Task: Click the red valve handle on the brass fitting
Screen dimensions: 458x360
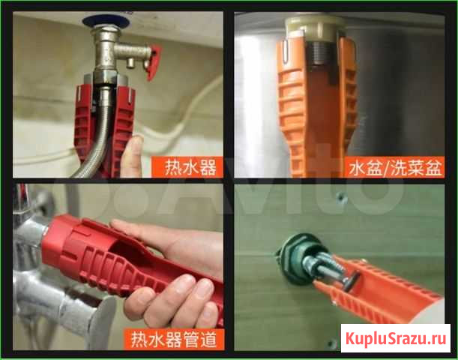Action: tap(153, 62)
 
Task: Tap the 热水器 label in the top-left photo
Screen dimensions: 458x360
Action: tap(190, 167)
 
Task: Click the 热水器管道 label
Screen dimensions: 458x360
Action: tap(174, 339)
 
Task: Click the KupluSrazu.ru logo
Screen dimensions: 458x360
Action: tap(396, 338)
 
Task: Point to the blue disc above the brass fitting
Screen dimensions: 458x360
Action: tap(106, 20)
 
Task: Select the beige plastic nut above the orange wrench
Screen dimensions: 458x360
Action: tap(316, 28)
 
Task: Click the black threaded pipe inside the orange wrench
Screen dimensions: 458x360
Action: tap(321, 53)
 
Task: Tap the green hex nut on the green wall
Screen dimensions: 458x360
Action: tap(297, 259)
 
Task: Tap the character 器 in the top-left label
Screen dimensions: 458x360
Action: tap(208, 167)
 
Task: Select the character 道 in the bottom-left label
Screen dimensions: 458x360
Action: tap(209, 339)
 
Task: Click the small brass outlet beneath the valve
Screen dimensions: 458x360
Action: tap(130, 63)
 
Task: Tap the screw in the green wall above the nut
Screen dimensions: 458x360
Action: tap(341, 199)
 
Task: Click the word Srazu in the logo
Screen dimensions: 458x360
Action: tap(406, 338)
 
